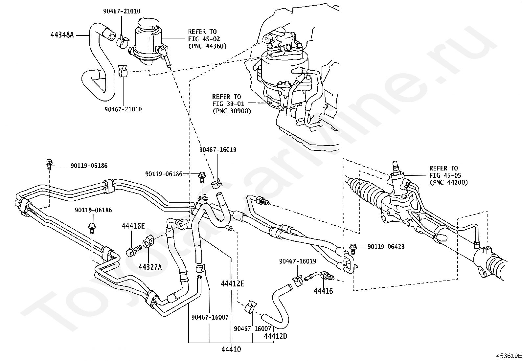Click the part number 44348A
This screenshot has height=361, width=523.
click(62, 34)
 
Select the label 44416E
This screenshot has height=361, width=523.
click(133, 226)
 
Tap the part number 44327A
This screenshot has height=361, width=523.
click(150, 267)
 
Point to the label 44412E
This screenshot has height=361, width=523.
click(232, 283)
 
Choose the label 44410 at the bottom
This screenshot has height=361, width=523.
click(231, 350)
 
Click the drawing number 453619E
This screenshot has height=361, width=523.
click(509, 356)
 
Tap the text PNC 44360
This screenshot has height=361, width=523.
click(207, 46)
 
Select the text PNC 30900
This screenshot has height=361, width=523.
click(232, 111)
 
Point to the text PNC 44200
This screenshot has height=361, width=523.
click(448, 182)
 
